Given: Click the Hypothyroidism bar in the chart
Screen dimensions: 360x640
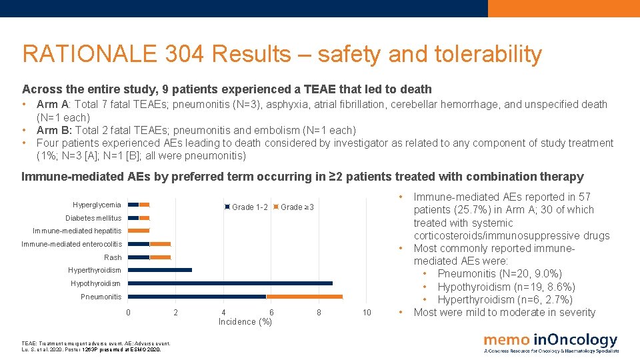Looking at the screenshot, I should tap(230, 283).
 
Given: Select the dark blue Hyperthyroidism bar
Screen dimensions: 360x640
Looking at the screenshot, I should tap(160, 270).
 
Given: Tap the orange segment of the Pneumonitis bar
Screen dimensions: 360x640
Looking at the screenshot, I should tap(304, 297).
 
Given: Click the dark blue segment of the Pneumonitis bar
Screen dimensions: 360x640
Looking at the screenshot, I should tap(197, 297).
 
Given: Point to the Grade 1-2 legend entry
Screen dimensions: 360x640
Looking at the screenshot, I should tap(247, 207).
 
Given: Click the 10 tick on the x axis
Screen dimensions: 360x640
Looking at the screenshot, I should tap(367, 313).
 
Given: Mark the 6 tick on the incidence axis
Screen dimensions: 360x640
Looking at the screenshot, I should tap(271, 313).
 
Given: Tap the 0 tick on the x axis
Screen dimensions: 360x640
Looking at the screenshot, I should tap(128, 313).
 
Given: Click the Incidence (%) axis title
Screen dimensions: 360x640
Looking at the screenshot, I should tap(245, 322).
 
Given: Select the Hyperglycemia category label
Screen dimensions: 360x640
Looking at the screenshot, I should tap(97, 205).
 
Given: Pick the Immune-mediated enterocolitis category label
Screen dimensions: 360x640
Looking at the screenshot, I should tap(72, 244).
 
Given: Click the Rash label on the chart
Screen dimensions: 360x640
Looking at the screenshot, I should tap(113, 257).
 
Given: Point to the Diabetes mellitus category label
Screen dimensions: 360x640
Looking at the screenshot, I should tap(93, 218).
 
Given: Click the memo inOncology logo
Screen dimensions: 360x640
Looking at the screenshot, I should tap(551, 343).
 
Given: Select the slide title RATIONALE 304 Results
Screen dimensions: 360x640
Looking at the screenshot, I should tap(281, 54).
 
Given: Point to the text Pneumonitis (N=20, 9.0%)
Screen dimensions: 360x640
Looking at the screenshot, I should tap(500, 274).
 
